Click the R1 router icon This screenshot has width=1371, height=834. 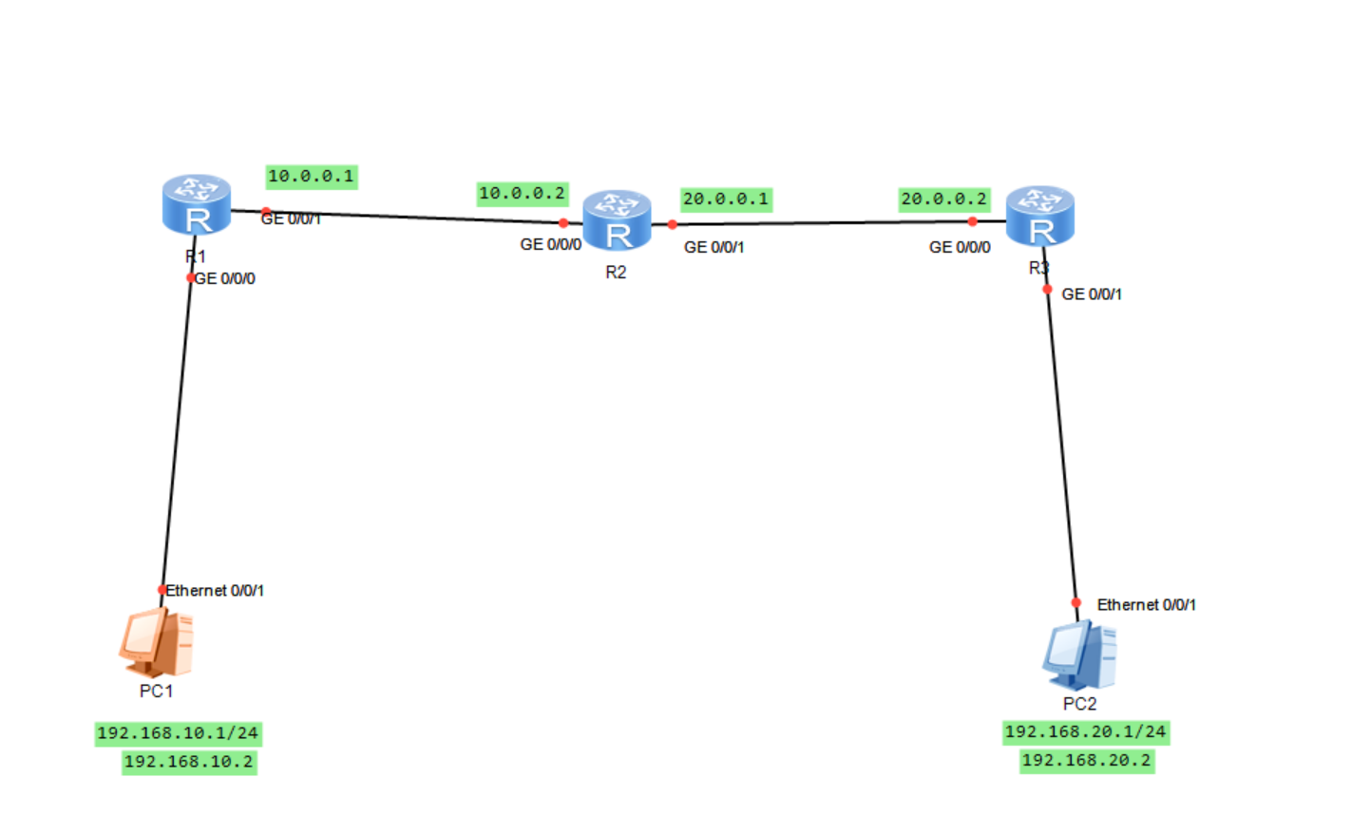(x=197, y=204)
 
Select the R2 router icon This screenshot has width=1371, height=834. (x=617, y=220)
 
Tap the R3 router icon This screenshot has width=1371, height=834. (x=1039, y=216)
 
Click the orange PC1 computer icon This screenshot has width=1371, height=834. (x=157, y=642)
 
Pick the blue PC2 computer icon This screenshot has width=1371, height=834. (x=1079, y=655)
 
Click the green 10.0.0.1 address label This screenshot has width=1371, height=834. (x=311, y=177)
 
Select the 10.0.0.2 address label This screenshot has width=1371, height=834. (x=522, y=194)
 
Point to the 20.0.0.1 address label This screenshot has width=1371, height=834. (x=726, y=199)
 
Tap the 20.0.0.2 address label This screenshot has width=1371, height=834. (x=944, y=199)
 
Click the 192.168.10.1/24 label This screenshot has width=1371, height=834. (x=178, y=733)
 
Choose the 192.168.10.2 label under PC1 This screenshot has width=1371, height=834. (x=189, y=762)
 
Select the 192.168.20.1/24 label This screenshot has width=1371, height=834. (x=1085, y=732)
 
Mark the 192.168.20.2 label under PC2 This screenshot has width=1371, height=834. (x=1086, y=761)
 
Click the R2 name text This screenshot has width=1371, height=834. (x=616, y=273)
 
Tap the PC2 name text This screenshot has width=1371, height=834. (x=1079, y=704)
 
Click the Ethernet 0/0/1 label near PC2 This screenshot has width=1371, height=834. (x=1146, y=605)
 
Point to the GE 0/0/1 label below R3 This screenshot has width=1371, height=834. (x=1091, y=294)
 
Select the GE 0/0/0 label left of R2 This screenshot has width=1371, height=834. (x=550, y=245)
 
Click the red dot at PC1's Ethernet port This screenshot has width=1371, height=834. (x=162, y=590)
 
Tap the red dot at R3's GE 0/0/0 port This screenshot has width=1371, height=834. (x=972, y=221)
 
